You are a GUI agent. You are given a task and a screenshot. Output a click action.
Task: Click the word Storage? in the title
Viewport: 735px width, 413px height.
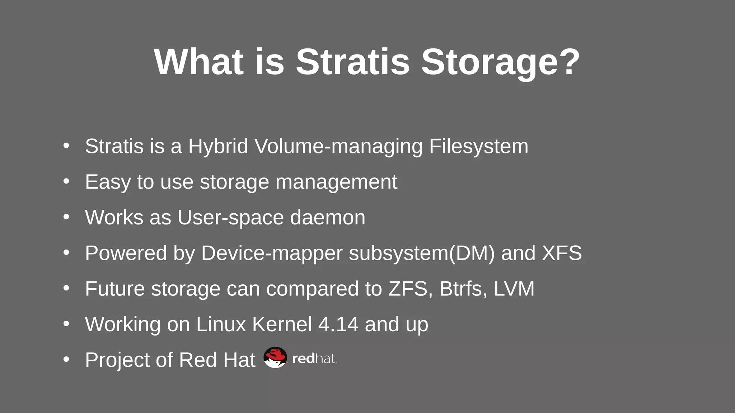tap(500, 62)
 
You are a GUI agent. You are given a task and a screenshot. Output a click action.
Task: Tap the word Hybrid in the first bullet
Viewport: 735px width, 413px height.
tap(218, 146)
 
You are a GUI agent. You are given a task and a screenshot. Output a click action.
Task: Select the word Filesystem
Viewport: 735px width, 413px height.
tap(478, 146)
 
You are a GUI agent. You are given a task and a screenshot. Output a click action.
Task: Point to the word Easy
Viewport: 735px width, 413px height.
tap(108, 182)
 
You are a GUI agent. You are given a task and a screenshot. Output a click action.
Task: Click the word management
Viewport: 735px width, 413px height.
tap(336, 182)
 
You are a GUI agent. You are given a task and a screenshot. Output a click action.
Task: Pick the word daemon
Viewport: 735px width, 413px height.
tap(327, 217)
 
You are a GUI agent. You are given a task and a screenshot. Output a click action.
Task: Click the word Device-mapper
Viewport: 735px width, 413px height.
tap(272, 253)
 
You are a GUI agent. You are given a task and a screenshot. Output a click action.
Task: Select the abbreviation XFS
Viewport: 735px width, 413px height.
tap(562, 253)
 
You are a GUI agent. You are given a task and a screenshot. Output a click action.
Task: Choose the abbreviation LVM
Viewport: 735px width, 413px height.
tap(514, 289)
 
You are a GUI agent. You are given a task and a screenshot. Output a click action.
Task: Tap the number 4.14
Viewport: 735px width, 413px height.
tap(338, 324)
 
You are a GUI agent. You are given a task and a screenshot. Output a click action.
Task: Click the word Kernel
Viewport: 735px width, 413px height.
tap(282, 324)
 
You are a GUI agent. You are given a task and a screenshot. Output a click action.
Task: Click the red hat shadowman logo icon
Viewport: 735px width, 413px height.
tap(275, 357)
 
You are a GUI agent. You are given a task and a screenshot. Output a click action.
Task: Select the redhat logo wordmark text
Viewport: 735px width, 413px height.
tap(314, 359)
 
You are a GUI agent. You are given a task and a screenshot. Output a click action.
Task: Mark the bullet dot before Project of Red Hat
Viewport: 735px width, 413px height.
tap(66, 359)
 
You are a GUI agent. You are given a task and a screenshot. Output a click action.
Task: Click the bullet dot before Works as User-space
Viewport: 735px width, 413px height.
tap(66, 217)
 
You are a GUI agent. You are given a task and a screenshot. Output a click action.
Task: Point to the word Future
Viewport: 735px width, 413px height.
tap(115, 289)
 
